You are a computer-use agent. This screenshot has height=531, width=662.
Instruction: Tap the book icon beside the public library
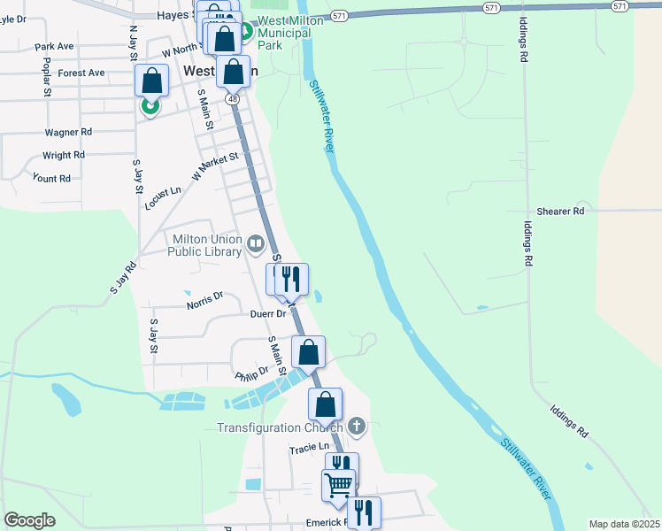(256, 242)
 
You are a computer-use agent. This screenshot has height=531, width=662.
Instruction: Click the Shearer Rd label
(566, 212)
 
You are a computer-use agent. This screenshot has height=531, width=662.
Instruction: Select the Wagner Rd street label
(68, 132)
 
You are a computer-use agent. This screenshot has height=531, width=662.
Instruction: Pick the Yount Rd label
(51, 178)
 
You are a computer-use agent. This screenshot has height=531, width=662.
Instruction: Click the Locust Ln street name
(163, 197)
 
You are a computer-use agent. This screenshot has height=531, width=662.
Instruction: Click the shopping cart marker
(338, 484)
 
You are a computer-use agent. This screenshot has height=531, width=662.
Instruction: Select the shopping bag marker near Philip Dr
(308, 351)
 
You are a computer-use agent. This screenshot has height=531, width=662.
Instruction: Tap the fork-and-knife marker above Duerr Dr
(291, 279)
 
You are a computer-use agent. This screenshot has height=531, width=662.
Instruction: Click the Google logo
(30, 520)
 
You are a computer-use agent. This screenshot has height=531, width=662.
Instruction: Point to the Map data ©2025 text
(624, 524)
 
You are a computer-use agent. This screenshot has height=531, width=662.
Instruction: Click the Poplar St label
(46, 77)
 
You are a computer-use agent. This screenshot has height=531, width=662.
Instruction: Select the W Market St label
(215, 165)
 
